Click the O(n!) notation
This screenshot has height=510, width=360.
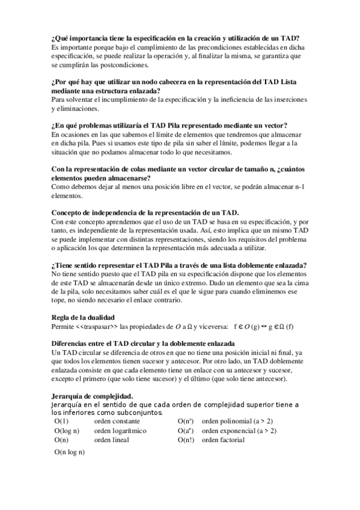(x=186, y=440)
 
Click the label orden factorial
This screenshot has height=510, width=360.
(x=223, y=440)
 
